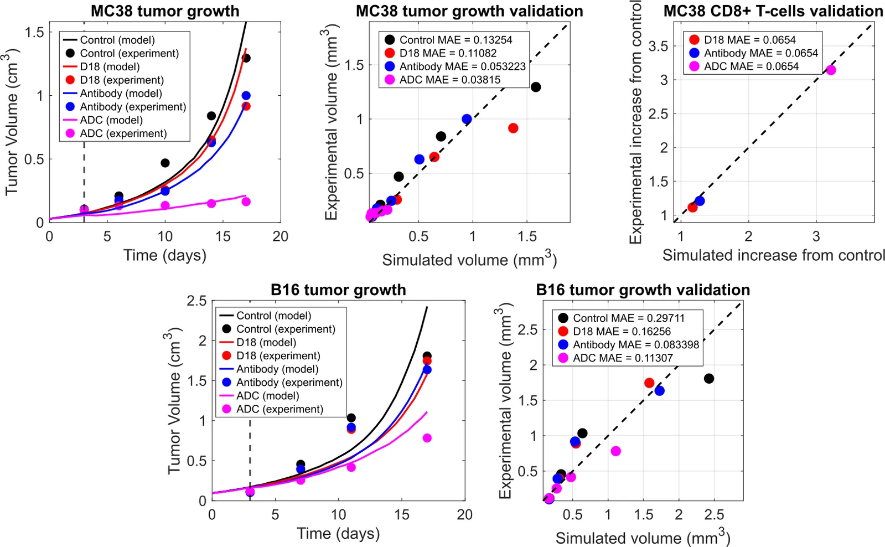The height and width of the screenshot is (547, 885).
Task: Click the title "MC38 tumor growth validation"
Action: pos(469,11)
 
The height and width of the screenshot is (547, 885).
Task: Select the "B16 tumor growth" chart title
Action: pos(338,290)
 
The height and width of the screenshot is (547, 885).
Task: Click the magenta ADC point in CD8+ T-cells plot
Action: pos(831,70)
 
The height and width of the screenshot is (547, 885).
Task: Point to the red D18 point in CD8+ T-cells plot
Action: pos(692,207)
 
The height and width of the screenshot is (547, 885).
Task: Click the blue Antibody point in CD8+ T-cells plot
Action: pos(700,201)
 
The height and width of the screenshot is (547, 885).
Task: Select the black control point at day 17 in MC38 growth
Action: pos(246,58)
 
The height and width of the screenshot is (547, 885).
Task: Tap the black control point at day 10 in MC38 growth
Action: pos(165,163)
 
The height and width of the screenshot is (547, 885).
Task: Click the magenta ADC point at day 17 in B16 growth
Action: pos(427,438)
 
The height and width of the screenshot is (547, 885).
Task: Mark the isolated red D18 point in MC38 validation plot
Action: pos(513,128)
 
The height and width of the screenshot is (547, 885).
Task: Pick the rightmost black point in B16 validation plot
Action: pos(709,379)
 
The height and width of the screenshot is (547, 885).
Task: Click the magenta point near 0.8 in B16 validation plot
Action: pos(615,451)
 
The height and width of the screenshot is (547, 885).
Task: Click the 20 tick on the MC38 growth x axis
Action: pos(280,236)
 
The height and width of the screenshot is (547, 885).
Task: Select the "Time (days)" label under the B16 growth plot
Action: pos(338,534)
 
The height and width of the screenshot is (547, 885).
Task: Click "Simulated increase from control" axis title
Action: pos(773,255)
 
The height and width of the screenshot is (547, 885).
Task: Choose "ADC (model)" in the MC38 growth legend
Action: pos(111,120)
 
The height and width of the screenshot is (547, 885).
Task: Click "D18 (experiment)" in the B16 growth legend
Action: pos(278,355)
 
